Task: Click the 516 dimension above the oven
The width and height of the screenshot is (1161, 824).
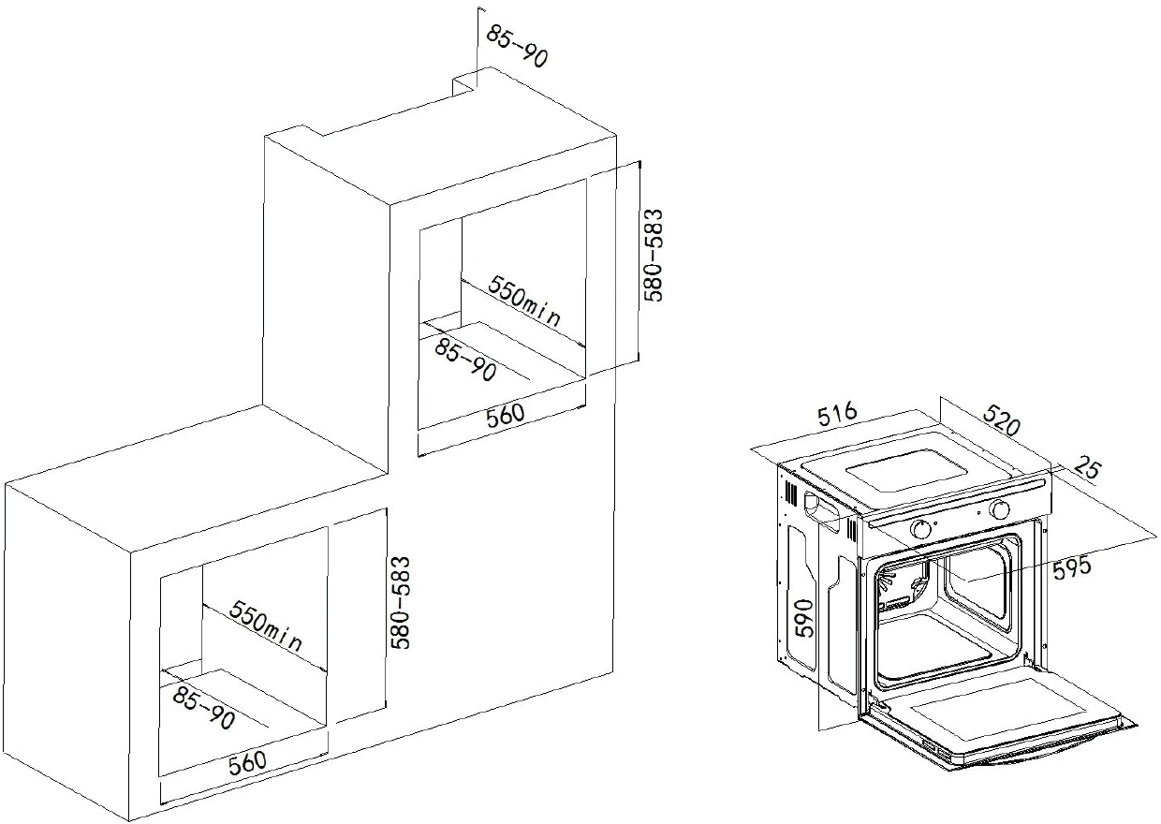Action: (x=838, y=414)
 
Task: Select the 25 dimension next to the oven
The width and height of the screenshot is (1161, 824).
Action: (x=1087, y=468)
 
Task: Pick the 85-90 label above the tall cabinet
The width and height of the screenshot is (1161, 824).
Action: (x=517, y=47)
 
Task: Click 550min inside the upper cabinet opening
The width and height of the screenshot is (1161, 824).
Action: (x=524, y=301)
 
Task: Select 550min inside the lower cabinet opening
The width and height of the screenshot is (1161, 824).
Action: (x=265, y=625)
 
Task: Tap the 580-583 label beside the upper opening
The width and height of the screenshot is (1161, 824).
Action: (x=654, y=255)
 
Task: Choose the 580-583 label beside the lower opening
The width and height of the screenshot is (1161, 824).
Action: (x=400, y=603)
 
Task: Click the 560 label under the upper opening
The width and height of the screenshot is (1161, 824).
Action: (x=506, y=415)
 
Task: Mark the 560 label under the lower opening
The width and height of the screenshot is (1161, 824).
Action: (x=247, y=763)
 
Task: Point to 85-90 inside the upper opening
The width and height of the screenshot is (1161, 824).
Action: (x=465, y=360)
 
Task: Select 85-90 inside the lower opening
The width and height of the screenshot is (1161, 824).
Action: (x=204, y=707)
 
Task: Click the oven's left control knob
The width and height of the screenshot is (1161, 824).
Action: (x=920, y=530)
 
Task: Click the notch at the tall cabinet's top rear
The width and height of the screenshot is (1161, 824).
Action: (x=465, y=87)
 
